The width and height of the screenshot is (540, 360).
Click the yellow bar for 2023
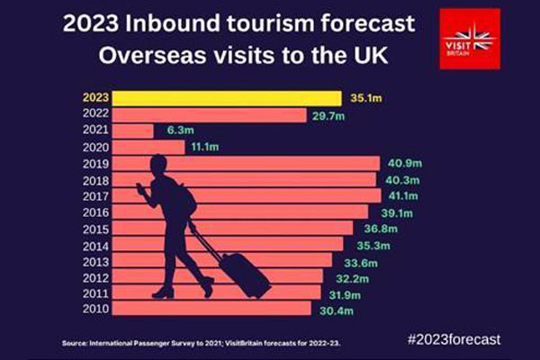click(x=225, y=98)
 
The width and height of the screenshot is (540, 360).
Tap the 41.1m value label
click(x=400, y=196)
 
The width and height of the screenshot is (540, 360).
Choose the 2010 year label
click(x=94, y=310)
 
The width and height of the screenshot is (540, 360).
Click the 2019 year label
click(x=94, y=164)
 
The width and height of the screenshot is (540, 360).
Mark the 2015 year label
click(x=94, y=229)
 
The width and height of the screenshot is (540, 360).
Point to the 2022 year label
click(x=94, y=114)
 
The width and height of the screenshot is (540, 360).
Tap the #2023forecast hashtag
click(x=454, y=339)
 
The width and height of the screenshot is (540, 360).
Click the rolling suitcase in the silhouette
click(x=245, y=275)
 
